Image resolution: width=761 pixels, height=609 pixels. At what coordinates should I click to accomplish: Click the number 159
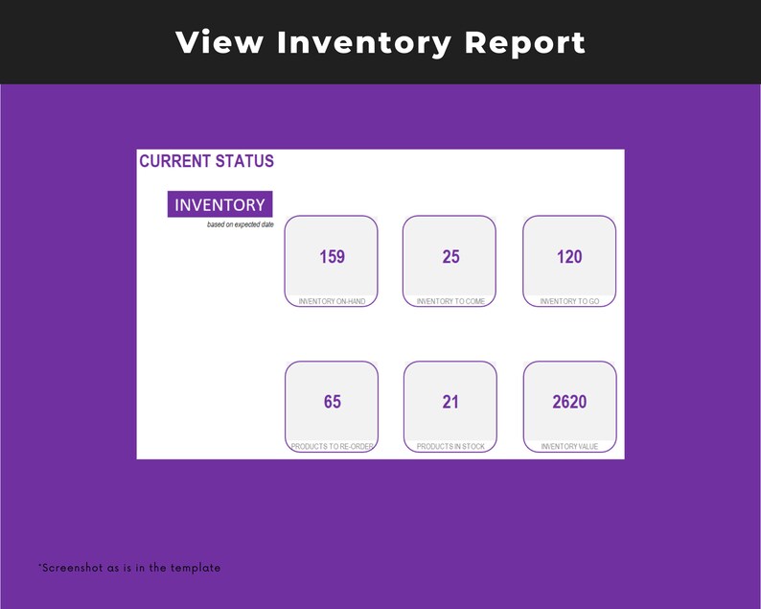(x=332, y=257)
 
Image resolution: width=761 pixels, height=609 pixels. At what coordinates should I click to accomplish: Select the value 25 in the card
(x=450, y=257)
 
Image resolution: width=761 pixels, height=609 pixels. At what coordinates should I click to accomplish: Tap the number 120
(x=569, y=257)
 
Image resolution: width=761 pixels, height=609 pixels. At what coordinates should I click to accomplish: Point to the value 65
(x=332, y=402)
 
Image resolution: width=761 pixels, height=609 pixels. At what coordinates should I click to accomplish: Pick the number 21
(x=450, y=402)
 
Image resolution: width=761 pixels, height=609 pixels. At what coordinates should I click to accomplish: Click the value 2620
(x=569, y=402)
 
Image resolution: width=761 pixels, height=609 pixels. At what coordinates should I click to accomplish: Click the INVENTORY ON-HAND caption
(x=332, y=301)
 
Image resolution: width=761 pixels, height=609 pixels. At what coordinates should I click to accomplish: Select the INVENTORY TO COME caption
(x=450, y=301)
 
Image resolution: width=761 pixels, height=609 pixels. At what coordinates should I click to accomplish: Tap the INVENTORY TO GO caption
(x=569, y=301)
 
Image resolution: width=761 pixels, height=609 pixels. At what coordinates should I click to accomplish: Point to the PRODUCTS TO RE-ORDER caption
(x=332, y=447)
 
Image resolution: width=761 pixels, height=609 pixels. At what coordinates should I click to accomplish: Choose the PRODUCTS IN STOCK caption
(x=450, y=447)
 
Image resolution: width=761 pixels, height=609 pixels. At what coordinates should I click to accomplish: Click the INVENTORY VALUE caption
(x=569, y=447)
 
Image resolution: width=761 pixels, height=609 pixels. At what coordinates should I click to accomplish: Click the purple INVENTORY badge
(x=219, y=204)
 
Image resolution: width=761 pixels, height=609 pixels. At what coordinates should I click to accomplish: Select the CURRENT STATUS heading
(x=206, y=161)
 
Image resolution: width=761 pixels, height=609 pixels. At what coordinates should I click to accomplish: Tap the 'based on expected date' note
(x=240, y=224)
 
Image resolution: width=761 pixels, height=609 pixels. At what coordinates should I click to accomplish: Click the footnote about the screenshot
(x=129, y=568)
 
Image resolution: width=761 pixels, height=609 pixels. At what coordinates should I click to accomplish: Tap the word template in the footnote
(x=196, y=568)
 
